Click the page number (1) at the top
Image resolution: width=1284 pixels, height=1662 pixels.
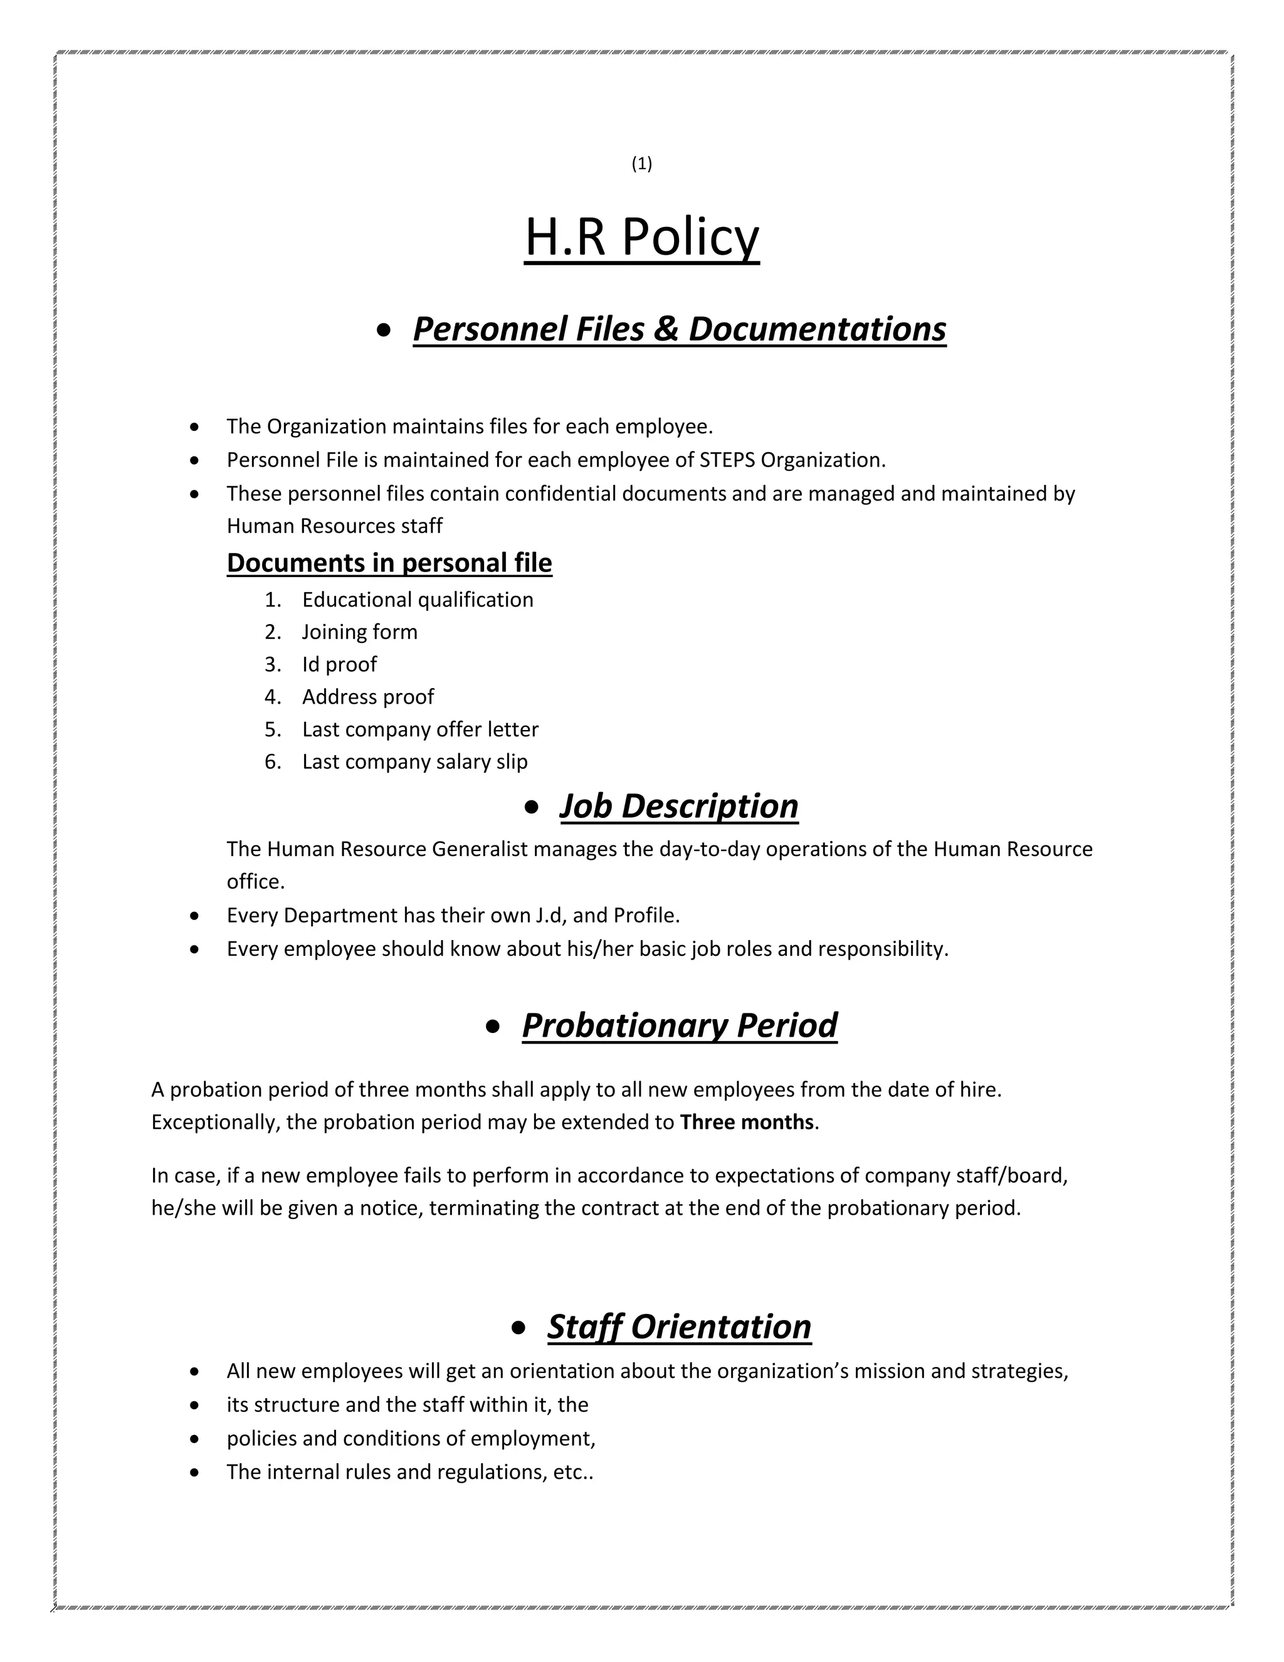(x=641, y=164)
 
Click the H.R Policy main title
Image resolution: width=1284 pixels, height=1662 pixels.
(x=641, y=238)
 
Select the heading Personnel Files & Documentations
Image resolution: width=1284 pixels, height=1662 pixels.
(x=678, y=329)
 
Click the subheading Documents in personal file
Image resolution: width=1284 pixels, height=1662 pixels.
(x=389, y=563)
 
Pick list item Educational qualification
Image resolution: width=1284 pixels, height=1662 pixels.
(x=417, y=600)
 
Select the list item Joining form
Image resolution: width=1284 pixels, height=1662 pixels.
(x=359, y=632)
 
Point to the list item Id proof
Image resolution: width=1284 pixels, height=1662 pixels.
(x=339, y=665)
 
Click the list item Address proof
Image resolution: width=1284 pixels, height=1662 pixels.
(x=367, y=697)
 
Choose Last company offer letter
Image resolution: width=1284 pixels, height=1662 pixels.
(x=420, y=730)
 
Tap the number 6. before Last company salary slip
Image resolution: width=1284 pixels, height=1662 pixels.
(x=272, y=763)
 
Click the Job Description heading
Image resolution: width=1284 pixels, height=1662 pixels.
(x=678, y=807)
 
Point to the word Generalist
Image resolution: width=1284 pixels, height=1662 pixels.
(x=479, y=849)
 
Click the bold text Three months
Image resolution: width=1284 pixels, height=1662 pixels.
(x=746, y=1123)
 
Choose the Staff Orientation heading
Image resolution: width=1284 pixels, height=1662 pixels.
(x=678, y=1326)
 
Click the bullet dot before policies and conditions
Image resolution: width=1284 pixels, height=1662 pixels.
(x=196, y=1439)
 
